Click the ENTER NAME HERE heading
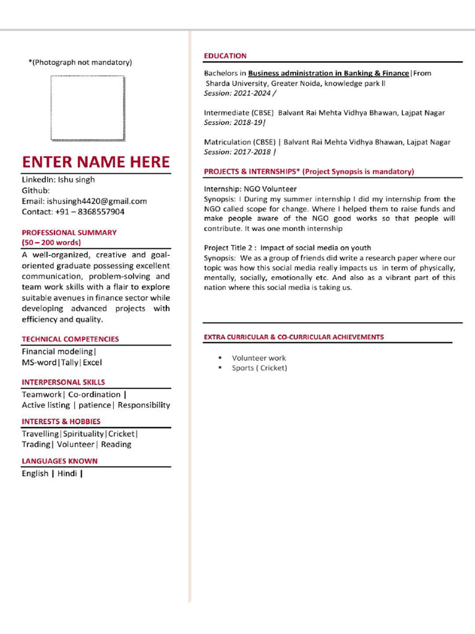pyautogui.click(x=96, y=162)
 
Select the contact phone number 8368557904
pyautogui.click(x=96, y=212)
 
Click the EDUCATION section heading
pyautogui.click(x=225, y=56)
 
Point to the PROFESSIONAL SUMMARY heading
pyautogui.click(x=69, y=233)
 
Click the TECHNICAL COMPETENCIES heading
pyautogui.click(x=71, y=339)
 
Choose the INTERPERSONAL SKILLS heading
pyautogui.click(x=63, y=383)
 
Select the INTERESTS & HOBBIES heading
pyautogui.click(x=61, y=422)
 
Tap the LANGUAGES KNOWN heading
pyautogui.click(x=59, y=461)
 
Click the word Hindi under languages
pyautogui.click(x=67, y=474)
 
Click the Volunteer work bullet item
pyautogui.click(x=259, y=358)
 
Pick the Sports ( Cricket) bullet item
pyautogui.click(x=259, y=368)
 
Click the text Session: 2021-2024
pyautogui.click(x=238, y=93)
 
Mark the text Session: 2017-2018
pyautogui.click(x=238, y=152)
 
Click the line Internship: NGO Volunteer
pyautogui.click(x=250, y=189)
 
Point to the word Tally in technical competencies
pyautogui.click(x=69, y=363)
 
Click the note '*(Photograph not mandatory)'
pyautogui.click(x=80, y=62)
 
